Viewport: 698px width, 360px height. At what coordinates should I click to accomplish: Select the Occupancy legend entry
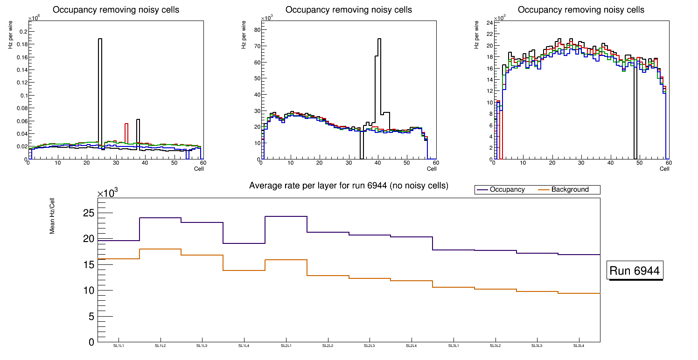point(507,190)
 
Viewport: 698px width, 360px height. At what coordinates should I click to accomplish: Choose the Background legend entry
point(570,190)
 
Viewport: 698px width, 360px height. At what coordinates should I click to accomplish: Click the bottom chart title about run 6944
point(349,186)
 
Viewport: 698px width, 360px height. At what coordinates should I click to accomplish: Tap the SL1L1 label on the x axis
point(119,346)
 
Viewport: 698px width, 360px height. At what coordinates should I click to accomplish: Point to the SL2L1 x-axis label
point(286,346)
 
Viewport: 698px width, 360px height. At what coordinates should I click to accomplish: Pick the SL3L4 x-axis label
point(579,346)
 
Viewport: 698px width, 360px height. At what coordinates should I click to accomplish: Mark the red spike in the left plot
point(126,124)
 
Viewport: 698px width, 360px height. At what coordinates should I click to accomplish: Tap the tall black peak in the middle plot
point(379,40)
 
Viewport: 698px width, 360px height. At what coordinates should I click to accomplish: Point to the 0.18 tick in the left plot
point(21,44)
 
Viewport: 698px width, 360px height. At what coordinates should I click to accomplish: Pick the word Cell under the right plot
point(664,169)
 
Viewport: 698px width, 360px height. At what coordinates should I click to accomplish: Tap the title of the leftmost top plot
point(116,10)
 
